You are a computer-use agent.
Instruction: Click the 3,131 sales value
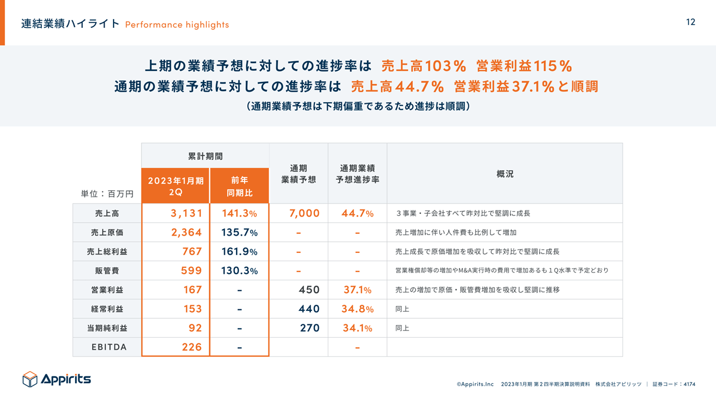(x=186, y=213)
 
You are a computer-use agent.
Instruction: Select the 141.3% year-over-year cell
(x=239, y=213)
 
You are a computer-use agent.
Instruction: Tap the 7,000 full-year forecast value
(x=304, y=213)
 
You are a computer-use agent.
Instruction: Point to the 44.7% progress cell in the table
(x=357, y=213)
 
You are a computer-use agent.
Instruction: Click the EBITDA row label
(x=109, y=347)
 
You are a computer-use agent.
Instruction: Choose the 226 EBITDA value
(x=191, y=347)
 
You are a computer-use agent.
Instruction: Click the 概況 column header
(x=505, y=174)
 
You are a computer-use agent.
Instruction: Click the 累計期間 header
(x=205, y=156)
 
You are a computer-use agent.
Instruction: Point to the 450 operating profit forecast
(x=309, y=290)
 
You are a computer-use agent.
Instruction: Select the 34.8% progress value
(x=357, y=309)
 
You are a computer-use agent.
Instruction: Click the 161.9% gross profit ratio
(x=239, y=251)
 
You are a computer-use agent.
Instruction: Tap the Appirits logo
(x=56, y=379)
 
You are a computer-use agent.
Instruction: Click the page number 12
(x=690, y=22)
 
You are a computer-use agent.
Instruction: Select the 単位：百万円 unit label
(x=107, y=194)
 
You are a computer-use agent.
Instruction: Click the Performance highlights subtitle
(x=177, y=25)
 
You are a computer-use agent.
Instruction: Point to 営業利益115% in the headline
(x=524, y=66)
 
